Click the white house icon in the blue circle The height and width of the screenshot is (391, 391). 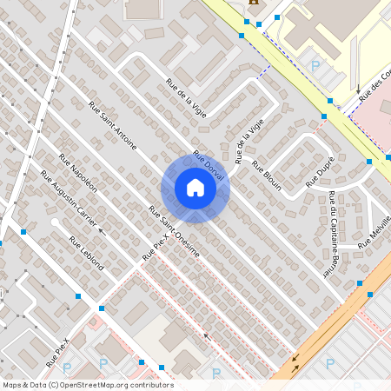tap(195, 188)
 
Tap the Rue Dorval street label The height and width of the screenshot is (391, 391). tap(209, 165)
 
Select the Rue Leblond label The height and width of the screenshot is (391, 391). tap(86, 254)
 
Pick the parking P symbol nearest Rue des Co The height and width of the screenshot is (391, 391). tap(315, 65)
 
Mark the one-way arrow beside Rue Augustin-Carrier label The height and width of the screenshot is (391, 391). tap(101, 231)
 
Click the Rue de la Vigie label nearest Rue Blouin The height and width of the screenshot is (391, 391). tap(242, 138)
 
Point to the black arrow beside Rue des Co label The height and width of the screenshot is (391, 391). tap(357, 88)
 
